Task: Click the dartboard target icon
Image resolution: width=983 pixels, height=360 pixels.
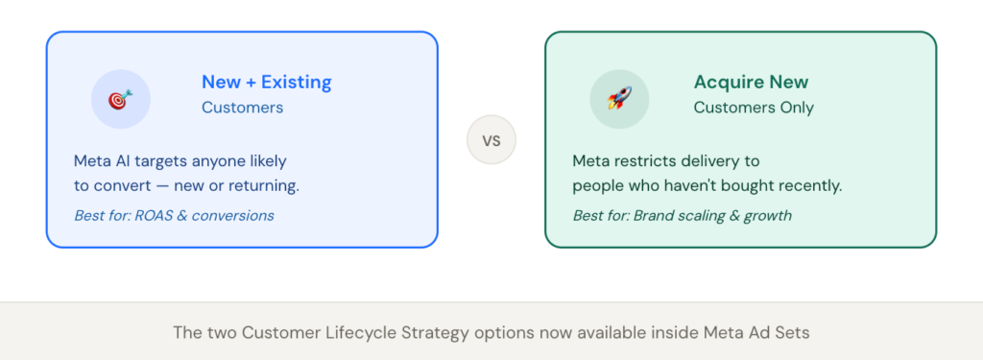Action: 120,99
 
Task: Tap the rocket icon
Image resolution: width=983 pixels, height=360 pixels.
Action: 618,99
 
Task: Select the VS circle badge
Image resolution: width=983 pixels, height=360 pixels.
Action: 491,140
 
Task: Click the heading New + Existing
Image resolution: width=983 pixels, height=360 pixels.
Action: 266,83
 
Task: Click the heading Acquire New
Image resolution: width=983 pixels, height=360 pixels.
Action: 751,83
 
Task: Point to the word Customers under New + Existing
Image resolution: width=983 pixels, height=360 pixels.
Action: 242,108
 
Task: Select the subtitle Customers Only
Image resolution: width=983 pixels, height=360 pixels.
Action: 754,108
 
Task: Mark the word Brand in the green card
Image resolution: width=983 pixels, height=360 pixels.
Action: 654,215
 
